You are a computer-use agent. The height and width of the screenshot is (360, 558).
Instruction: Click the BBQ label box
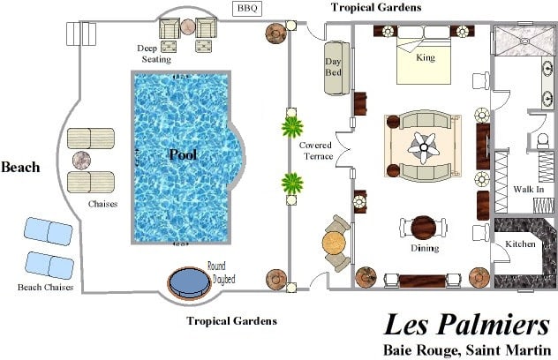247,9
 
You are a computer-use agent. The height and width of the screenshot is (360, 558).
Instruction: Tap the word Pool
183,154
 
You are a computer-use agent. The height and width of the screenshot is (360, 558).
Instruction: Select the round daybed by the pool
189,283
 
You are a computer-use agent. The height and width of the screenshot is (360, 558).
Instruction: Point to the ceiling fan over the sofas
424,147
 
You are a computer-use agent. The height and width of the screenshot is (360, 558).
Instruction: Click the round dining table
424,228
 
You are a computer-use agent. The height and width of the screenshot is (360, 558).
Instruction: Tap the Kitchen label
520,244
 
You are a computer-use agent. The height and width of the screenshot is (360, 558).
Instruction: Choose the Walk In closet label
529,189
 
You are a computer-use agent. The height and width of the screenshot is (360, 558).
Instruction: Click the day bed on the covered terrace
336,68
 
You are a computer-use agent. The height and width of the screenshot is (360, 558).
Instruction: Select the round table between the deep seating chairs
187,27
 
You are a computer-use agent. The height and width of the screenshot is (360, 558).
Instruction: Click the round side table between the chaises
81,160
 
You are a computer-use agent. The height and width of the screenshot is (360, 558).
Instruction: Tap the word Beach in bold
20,167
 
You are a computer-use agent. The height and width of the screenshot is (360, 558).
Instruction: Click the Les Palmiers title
466,325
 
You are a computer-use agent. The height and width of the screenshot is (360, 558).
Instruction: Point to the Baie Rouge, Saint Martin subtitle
467,350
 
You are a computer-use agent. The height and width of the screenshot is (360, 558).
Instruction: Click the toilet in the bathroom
543,140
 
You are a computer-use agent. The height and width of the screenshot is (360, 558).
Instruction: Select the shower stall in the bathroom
525,41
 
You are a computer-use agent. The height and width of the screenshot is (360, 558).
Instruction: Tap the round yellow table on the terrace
334,244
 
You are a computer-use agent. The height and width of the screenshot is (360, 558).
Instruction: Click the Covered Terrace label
316,151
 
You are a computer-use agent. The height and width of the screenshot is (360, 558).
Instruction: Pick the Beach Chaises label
46,288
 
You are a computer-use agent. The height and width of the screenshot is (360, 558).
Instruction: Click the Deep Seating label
155,54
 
